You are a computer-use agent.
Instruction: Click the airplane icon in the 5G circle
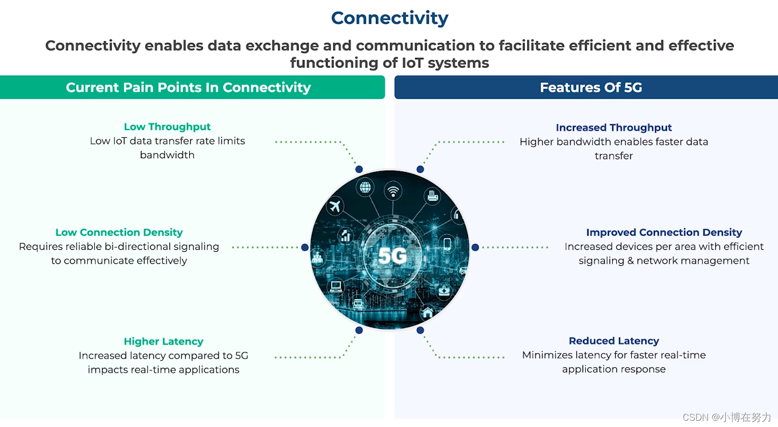pyautogui.click(x=335, y=206)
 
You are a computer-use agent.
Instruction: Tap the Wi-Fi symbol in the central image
pyautogui.click(x=393, y=191)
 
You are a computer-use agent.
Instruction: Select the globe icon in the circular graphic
pyautogui.click(x=365, y=187)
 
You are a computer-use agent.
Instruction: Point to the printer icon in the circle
pyautogui.click(x=433, y=195)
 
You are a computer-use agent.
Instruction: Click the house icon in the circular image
pyautogui.click(x=428, y=312)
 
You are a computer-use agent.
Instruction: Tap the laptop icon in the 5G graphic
pyautogui.click(x=336, y=286)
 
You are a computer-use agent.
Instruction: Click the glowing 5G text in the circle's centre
pyautogui.click(x=392, y=255)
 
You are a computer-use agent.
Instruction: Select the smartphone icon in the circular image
pyautogui.click(x=447, y=243)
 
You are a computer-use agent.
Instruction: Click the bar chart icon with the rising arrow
pyautogui.click(x=345, y=236)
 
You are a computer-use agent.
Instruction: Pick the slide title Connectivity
pyautogui.click(x=389, y=18)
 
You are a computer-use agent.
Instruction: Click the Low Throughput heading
pyautogui.click(x=167, y=127)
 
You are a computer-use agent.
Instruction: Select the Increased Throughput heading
pyautogui.click(x=614, y=127)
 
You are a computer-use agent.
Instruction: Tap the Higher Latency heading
pyautogui.click(x=163, y=341)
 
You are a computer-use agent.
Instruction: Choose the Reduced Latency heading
pyautogui.click(x=614, y=341)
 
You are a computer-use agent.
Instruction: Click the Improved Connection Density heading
pyautogui.click(x=664, y=233)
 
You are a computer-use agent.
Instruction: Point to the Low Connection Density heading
pyautogui.click(x=119, y=233)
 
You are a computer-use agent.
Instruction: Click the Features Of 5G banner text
pyautogui.click(x=591, y=88)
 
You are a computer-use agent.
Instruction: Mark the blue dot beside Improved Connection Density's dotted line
pyautogui.click(x=475, y=248)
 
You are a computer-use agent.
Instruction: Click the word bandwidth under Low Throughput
pyautogui.click(x=167, y=155)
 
